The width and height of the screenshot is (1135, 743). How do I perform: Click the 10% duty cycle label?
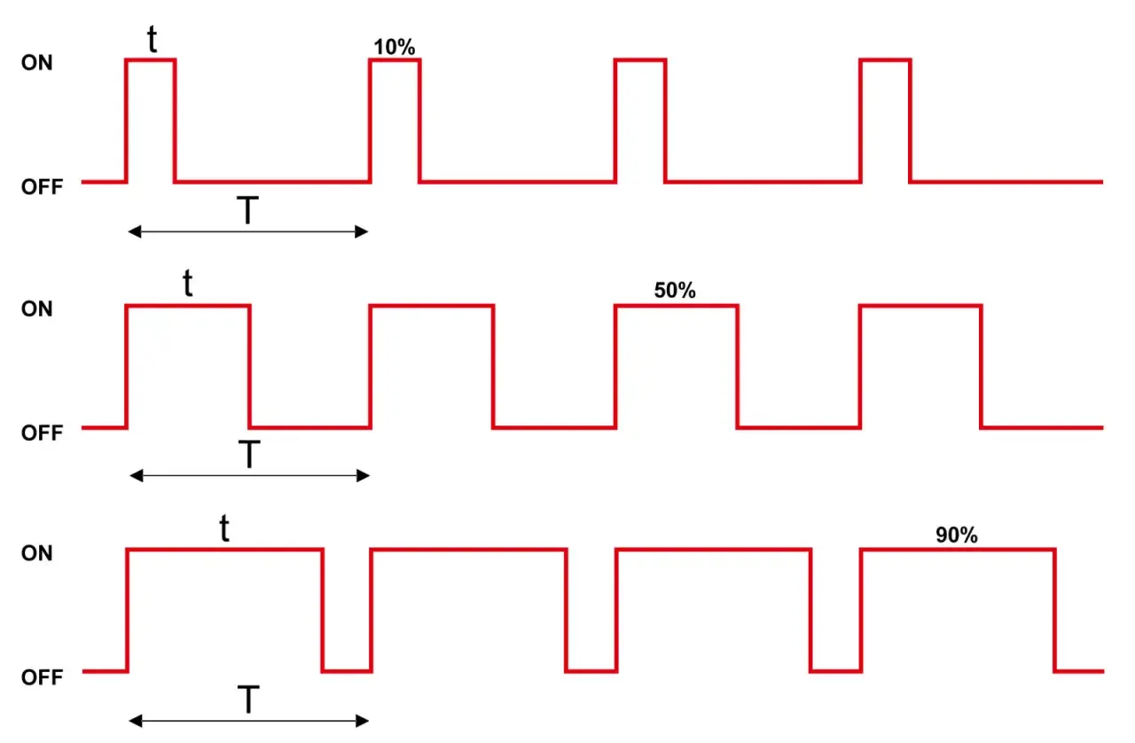pyautogui.click(x=395, y=47)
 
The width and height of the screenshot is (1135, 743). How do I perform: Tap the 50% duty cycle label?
pyautogui.click(x=675, y=291)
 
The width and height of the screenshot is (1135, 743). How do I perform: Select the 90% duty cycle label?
pyautogui.click(x=956, y=535)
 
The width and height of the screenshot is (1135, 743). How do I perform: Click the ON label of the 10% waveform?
pyautogui.click(x=36, y=63)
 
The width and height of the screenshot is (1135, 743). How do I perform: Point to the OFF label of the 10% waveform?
pyautogui.click(x=42, y=187)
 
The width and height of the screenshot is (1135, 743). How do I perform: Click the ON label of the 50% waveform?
pyautogui.click(x=36, y=309)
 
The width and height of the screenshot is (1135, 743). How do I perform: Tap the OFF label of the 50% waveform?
pyautogui.click(x=42, y=433)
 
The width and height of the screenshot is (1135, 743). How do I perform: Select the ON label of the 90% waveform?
pyautogui.click(x=36, y=553)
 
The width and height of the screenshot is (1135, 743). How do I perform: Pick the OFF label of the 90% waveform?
pyautogui.click(x=42, y=677)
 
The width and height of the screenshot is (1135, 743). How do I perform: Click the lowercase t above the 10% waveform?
pyautogui.click(x=152, y=39)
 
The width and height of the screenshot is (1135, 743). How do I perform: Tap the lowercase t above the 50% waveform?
pyautogui.click(x=188, y=283)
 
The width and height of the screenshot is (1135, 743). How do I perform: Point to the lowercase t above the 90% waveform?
pyautogui.click(x=224, y=528)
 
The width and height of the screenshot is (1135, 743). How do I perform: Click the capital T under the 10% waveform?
pyautogui.click(x=247, y=210)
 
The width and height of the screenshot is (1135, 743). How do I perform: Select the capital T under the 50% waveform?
pyautogui.click(x=249, y=454)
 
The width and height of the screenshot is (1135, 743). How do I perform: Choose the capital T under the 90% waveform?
pyautogui.click(x=248, y=700)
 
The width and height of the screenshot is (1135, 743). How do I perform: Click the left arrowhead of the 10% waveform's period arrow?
pyautogui.click(x=134, y=232)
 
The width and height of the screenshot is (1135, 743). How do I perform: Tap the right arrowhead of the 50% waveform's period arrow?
pyautogui.click(x=364, y=476)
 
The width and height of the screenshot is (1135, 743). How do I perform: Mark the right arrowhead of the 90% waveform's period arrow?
pyautogui.click(x=363, y=721)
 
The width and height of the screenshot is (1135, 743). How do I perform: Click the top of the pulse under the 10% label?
pyautogui.click(x=395, y=60)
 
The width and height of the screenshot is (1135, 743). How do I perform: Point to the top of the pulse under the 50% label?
pyautogui.click(x=677, y=306)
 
